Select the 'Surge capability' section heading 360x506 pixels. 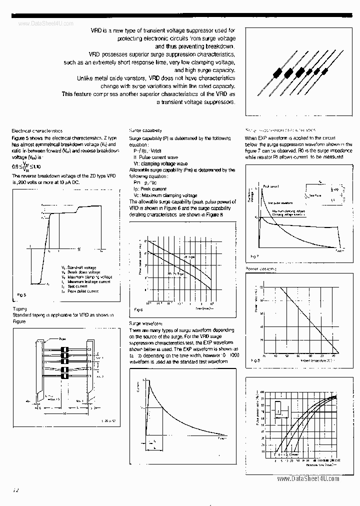pyautogui.click(x=145, y=130)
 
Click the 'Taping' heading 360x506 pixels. pyautogui.click(x=19, y=309)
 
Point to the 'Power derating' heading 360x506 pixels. pyautogui.click(x=260, y=268)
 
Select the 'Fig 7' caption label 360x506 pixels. pyautogui.click(x=254, y=255)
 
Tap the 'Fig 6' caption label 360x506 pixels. pyautogui.click(x=138, y=310)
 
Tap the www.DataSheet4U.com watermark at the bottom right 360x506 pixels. pyautogui.click(x=307, y=478)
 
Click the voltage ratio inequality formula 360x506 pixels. pyautogui.click(x=25, y=167)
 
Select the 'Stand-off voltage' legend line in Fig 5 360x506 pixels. pyautogui.click(x=82, y=267)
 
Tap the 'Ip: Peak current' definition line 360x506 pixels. pyautogui.click(x=150, y=189)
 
